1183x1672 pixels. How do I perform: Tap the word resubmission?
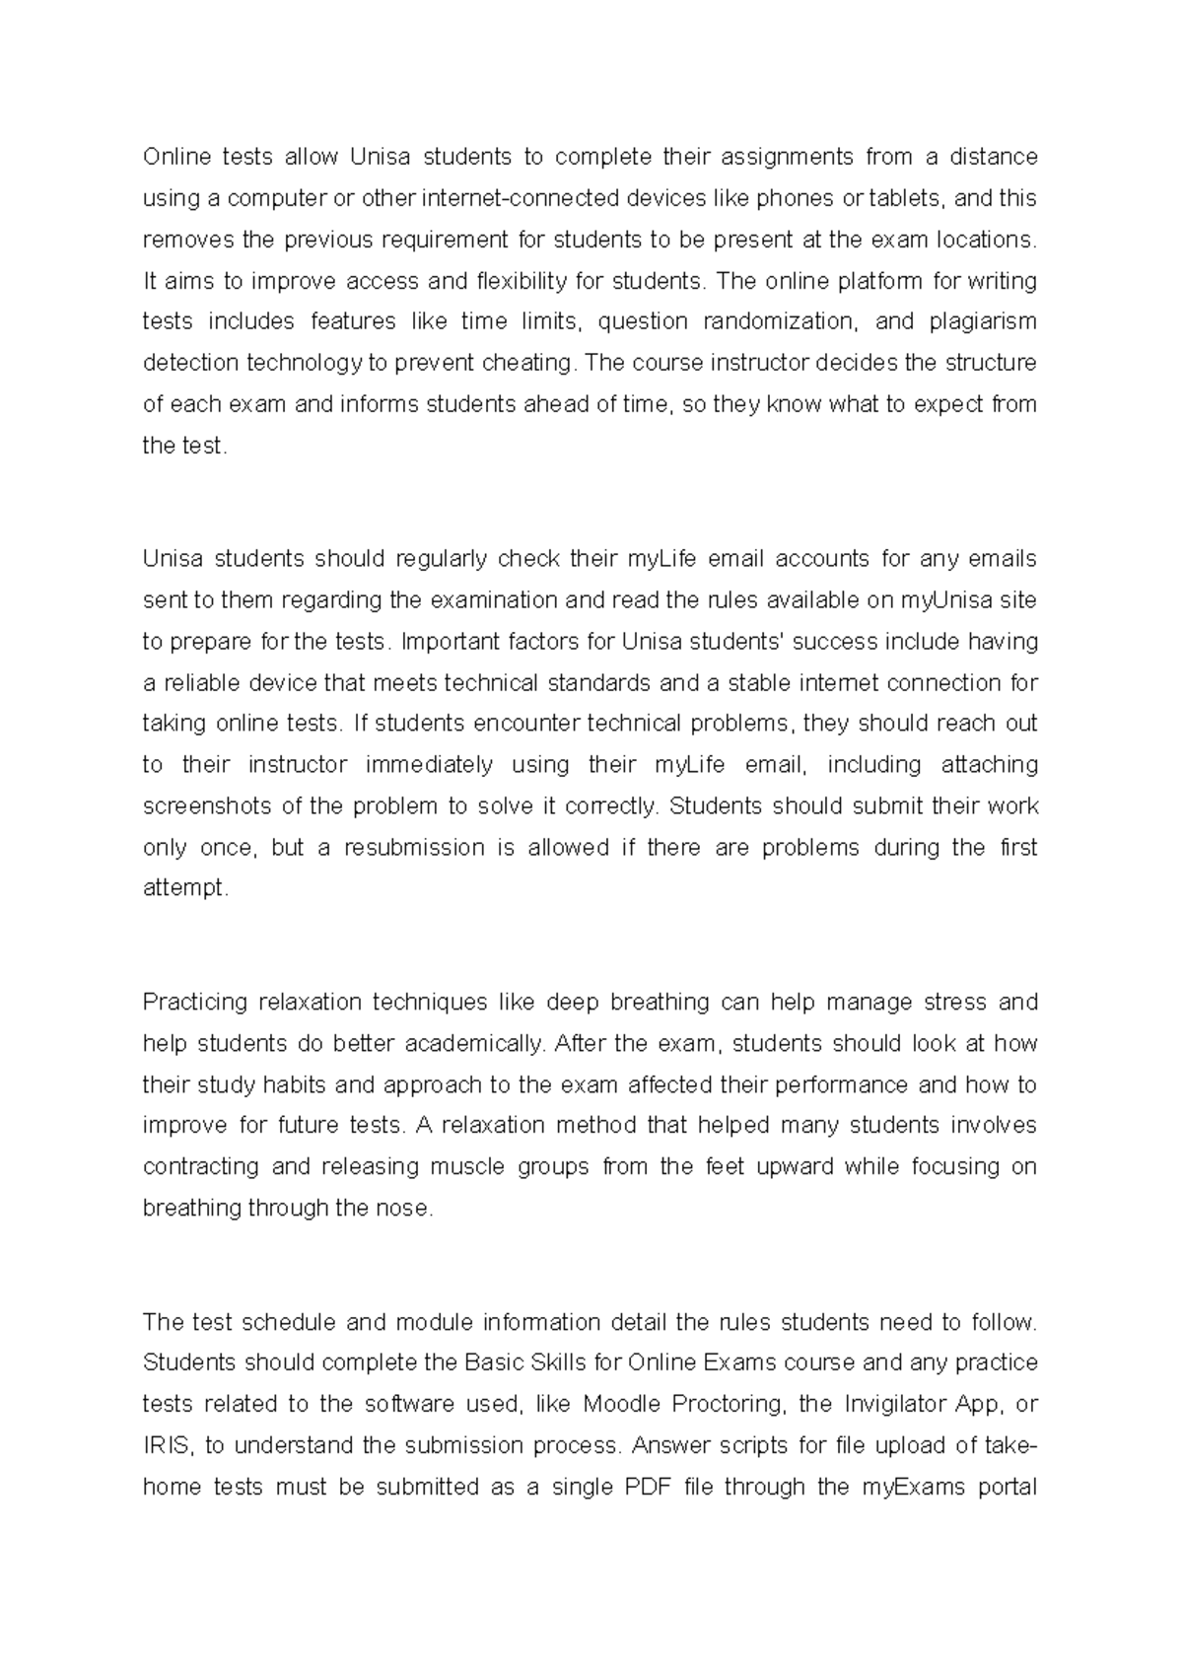click(414, 848)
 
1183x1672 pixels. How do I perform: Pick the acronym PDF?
click(648, 1487)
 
